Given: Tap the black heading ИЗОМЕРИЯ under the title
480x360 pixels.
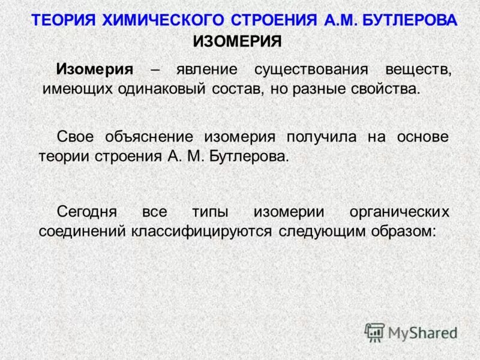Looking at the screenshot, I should click(237, 41).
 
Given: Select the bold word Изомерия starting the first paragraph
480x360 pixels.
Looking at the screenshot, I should click(95, 68).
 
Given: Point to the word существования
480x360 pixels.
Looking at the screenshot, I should click(311, 68).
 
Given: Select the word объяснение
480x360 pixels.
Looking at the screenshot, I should click(150, 137).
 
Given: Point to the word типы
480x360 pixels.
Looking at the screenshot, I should click(209, 212).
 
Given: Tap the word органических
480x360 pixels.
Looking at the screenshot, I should click(399, 212).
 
